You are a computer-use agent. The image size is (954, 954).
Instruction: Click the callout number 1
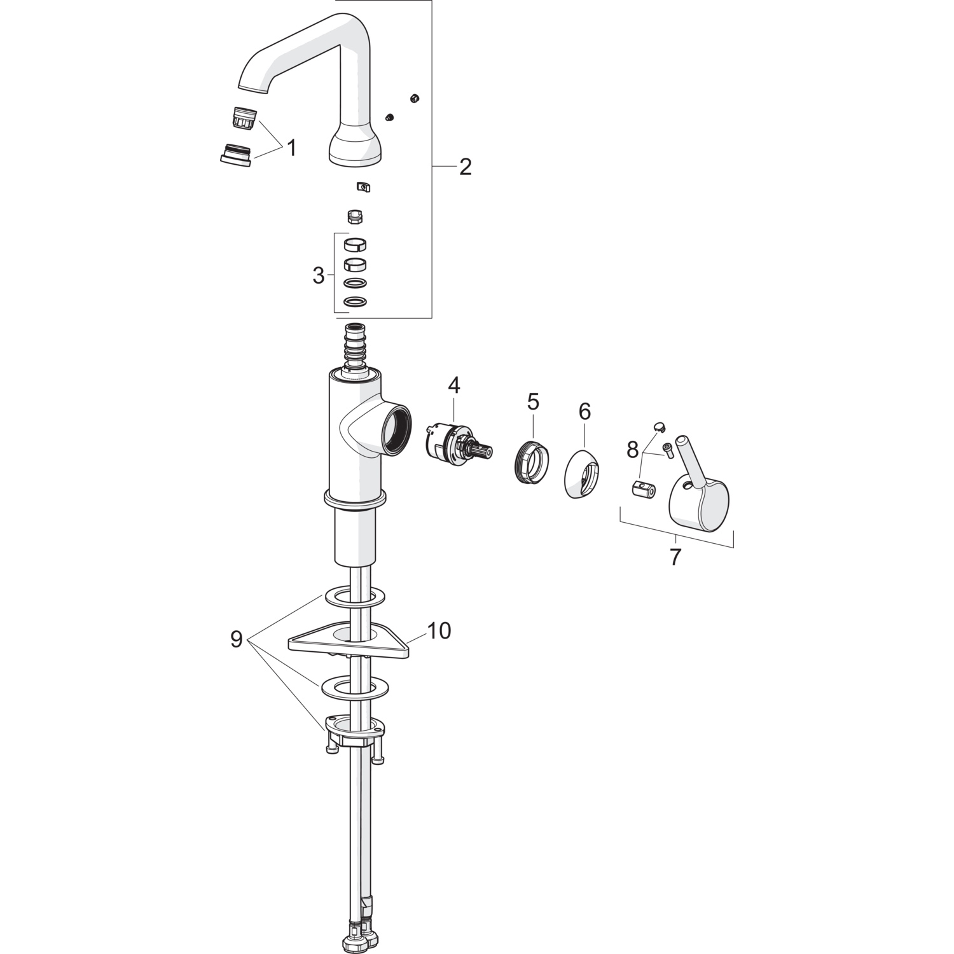[291, 148]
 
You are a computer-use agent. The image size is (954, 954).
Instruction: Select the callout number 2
[466, 167]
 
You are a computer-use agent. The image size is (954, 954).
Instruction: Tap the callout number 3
[319, 276]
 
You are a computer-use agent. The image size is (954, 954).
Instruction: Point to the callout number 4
[454, 385]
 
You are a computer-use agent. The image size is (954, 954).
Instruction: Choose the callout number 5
[533, 401]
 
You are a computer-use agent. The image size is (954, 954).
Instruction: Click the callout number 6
[584, 411]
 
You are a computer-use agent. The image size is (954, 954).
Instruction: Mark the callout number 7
[675, 556]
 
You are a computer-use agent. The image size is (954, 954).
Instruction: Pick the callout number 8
[632, 450]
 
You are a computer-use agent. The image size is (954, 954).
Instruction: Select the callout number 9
[237, 639]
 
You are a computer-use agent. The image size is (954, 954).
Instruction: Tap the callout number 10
[438, 630]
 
